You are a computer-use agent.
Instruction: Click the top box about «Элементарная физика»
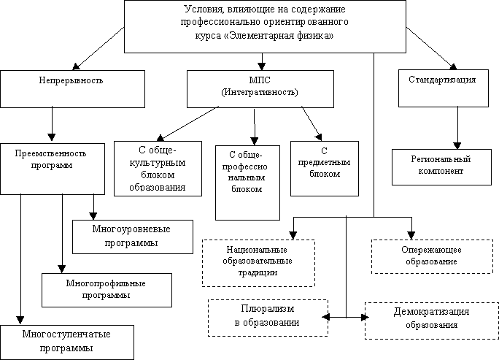tap(265, 26)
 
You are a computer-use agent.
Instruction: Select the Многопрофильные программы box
tap(106, 289)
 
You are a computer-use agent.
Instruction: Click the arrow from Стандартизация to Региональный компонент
tap(457, 127)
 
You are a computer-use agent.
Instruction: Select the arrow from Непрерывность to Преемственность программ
tap(51, 123)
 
